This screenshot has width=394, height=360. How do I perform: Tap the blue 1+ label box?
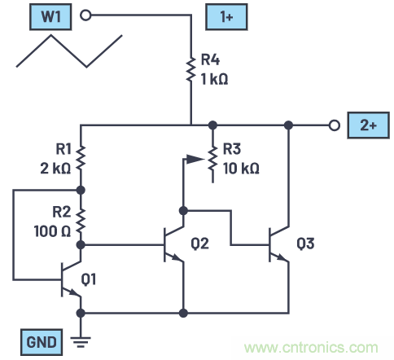[225, 15]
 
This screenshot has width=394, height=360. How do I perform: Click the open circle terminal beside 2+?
[333, 125]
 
